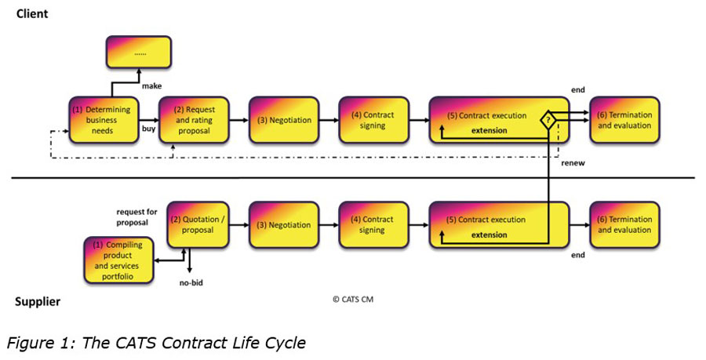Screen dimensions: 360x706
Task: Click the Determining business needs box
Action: [102, 120]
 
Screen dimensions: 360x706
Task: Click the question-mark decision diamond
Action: [548, 119]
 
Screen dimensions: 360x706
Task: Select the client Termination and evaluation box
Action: [624, 120]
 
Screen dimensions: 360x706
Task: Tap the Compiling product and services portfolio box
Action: [118, 260]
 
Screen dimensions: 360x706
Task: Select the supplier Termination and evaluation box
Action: [624, 225]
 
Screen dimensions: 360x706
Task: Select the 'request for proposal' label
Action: [139, 217]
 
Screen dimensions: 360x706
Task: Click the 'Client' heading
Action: [32, 13]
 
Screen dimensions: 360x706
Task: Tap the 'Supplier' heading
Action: [38, 301]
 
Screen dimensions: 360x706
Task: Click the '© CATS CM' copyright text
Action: [353, 298]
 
